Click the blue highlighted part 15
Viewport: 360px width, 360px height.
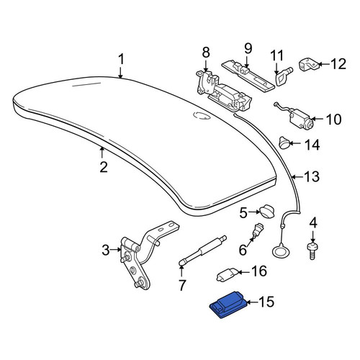[x=228, y=305]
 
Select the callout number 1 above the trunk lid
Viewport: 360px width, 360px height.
[x=121, y=59]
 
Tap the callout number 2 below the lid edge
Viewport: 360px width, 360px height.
[x=104, y=167]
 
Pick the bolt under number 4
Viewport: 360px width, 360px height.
[x=312, y=251]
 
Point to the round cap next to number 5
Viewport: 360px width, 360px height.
[x=267, y=212]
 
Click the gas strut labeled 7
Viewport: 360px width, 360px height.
[x=203, y=251]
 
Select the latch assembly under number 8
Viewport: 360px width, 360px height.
[x=222, y=92]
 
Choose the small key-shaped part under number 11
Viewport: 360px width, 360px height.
[x=283, y=76]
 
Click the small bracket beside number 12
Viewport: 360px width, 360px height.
[x=308, y=64]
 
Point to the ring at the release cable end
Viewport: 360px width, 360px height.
[x=279, y=253]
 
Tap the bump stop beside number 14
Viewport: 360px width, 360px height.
[x=284, y=143]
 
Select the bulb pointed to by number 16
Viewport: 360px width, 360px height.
[x=227, y=274]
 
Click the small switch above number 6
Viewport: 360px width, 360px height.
[x=258, y=230]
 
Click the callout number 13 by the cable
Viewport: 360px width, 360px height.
[x=312, y=176]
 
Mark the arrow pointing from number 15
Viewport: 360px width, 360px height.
[x=252, y=302]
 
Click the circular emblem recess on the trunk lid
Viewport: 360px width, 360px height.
[x=202, y=115]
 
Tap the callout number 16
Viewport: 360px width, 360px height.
[x=258, y=271]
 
